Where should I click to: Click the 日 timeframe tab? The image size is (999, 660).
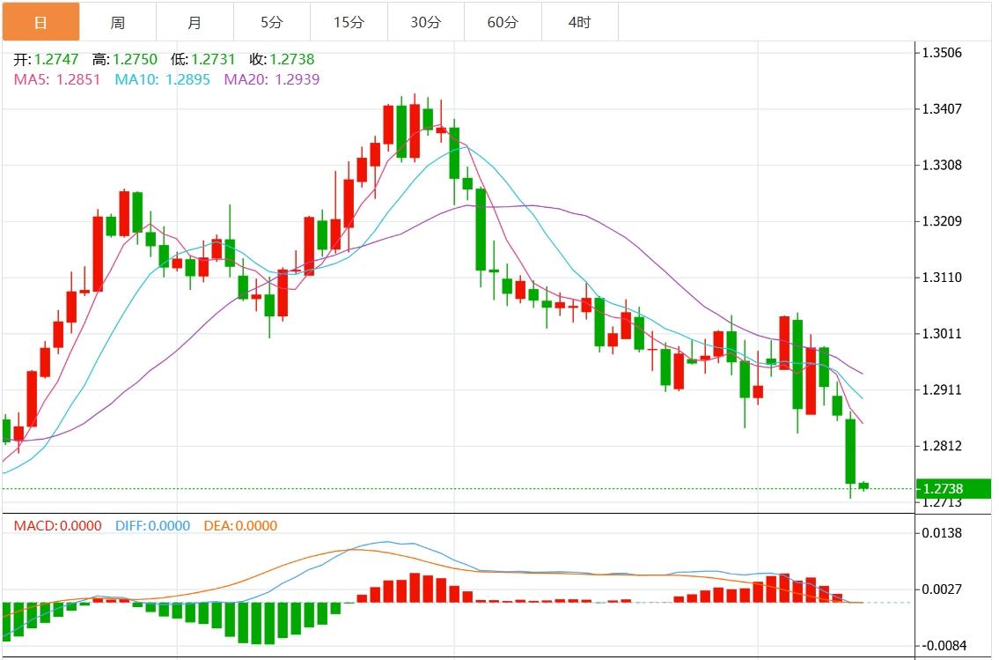pos(40,22)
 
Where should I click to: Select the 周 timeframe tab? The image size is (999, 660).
pos(117,22)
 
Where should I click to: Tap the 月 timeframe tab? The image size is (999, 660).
pos(195,22)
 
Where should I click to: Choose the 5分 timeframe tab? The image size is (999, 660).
pos(271,22)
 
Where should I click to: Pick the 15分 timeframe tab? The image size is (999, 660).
pos(349,22)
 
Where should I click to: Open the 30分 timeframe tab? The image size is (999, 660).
pos(425,22)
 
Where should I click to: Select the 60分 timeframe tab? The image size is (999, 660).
pos(503,22)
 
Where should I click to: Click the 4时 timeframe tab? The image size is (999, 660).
pos(579,22)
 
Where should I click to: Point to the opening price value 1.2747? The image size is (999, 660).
pos(56,60)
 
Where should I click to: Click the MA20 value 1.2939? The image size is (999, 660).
pos(297,79)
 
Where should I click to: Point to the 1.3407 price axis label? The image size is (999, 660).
pos(941,109)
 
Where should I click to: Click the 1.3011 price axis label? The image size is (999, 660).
pos(941,334)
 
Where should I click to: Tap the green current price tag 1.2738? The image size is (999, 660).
pos(951,489)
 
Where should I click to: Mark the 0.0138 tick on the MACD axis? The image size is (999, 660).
pos(941,533)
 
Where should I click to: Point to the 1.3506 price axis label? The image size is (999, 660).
pos(941,53)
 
